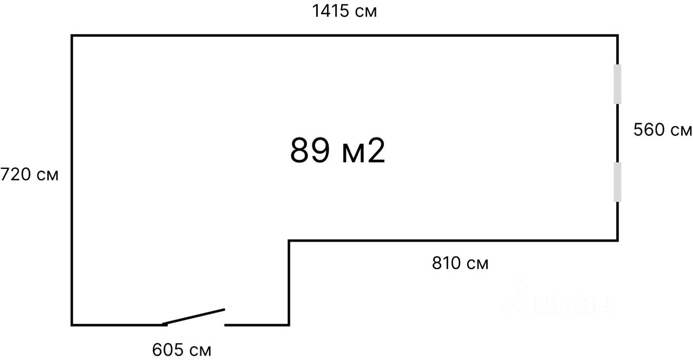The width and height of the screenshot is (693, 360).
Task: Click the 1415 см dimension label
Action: pyautogui.click(x=344, y=11)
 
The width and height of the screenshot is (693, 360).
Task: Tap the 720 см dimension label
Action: pyautogui.click(x=29, y=175)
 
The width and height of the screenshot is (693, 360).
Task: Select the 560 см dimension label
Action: pyautogui.click(x=663, y=130)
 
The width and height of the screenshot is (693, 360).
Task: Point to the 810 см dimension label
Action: pyautogui.click(x=460, y=264)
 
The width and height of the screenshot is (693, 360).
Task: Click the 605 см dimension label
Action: pyautogui.click(x=182, y=350)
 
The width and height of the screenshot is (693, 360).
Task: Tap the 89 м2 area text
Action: pyautogui.click(x=338, y=151)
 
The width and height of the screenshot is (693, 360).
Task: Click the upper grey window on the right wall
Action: pyautogui.click(x=617, y=84)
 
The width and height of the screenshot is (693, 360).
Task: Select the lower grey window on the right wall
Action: pyautogui.click(x=617, y=182)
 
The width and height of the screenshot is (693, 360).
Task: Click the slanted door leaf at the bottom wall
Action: pyautogui.click(x=194, y=317)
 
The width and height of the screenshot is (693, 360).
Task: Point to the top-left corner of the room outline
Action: pyautogui.click(x=72, y=36)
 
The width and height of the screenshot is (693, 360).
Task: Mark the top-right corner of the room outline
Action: pyautogui.click(x=617, y=36)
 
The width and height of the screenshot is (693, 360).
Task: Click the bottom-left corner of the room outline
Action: pyautogui.click(x=72, y=325)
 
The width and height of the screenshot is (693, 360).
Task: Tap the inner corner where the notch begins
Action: pyautogui.click(x=289, y=240)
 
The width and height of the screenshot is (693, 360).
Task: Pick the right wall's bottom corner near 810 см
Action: pyautogui.click(x=617, y=240)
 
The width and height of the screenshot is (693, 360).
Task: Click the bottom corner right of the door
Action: pyautogui.click(x=289, y=325)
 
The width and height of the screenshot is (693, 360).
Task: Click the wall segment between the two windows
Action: pyautogui.click(x=617, y=133)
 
